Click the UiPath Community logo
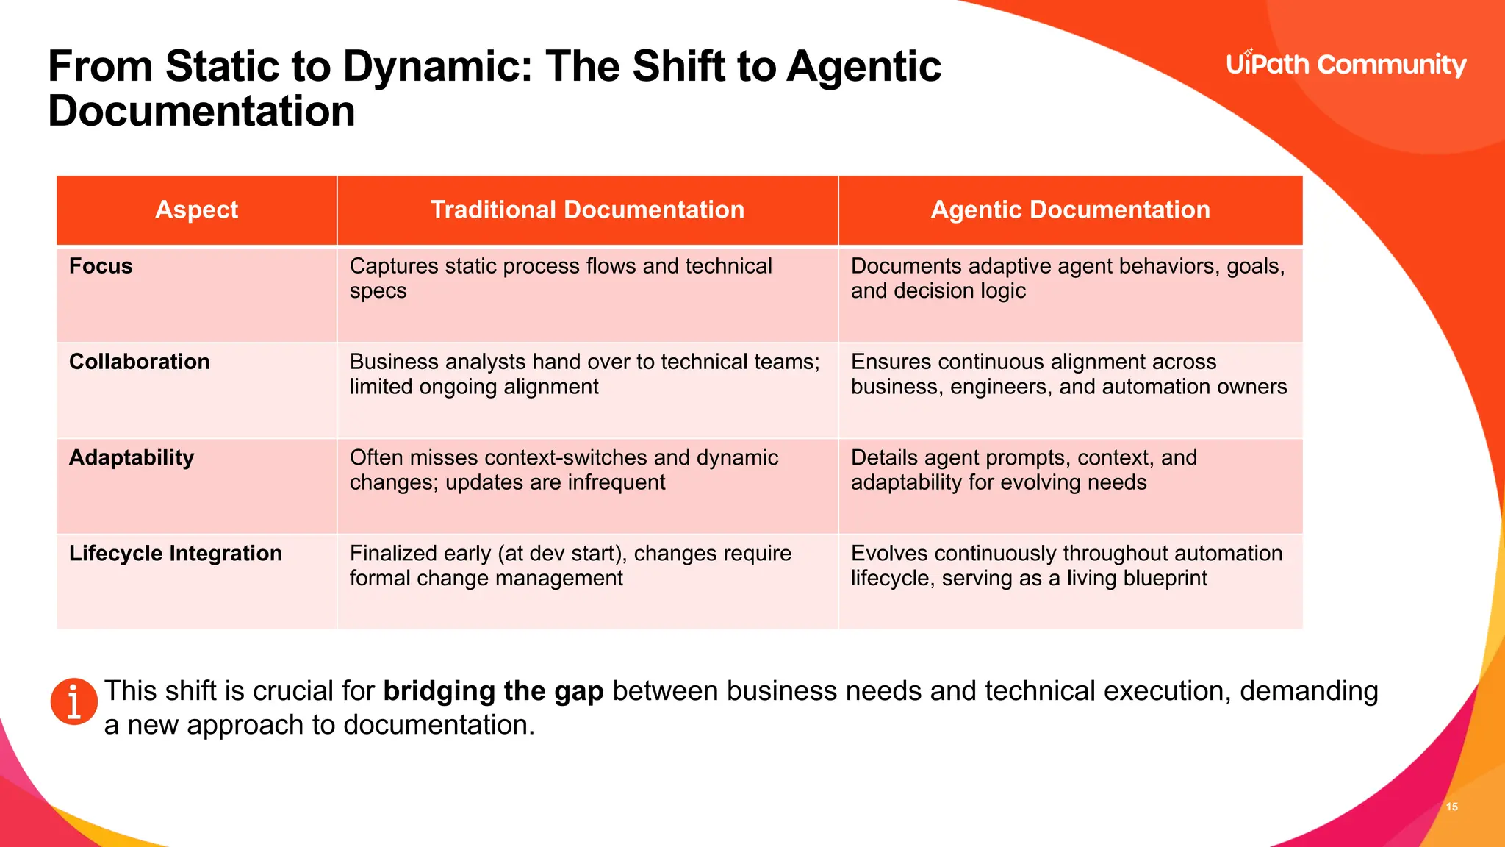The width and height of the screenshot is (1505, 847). coord(1346,65)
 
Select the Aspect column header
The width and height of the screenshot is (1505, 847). coord(196,210)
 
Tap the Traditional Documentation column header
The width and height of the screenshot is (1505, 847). coord(587,210)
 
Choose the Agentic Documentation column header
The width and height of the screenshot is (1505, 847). coord(1070,210)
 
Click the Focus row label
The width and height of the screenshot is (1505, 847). coord(101,266)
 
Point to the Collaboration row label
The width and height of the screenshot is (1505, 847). coord(140,362)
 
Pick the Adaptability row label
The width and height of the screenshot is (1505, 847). coord(132,457)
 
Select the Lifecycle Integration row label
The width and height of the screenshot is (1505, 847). coord(176,553)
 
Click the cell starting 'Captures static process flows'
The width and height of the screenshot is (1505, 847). coord(561,278)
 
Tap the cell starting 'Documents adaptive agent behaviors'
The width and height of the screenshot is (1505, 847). coord(1068,278)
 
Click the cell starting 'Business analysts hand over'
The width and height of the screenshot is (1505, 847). coord(584,374)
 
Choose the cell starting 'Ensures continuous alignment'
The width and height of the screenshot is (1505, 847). coord(1068,374)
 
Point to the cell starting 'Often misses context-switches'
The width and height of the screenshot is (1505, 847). coord(564,469)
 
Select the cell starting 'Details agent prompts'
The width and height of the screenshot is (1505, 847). coord(1024,469)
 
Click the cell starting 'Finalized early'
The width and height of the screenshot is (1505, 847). coord(570,565)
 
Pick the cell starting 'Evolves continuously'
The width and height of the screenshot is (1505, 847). coord(1066,565)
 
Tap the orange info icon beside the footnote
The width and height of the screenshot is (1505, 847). coord(73,701)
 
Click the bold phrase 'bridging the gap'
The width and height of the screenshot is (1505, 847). coord(493,691)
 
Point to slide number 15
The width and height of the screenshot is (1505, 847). coord(1451,807)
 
